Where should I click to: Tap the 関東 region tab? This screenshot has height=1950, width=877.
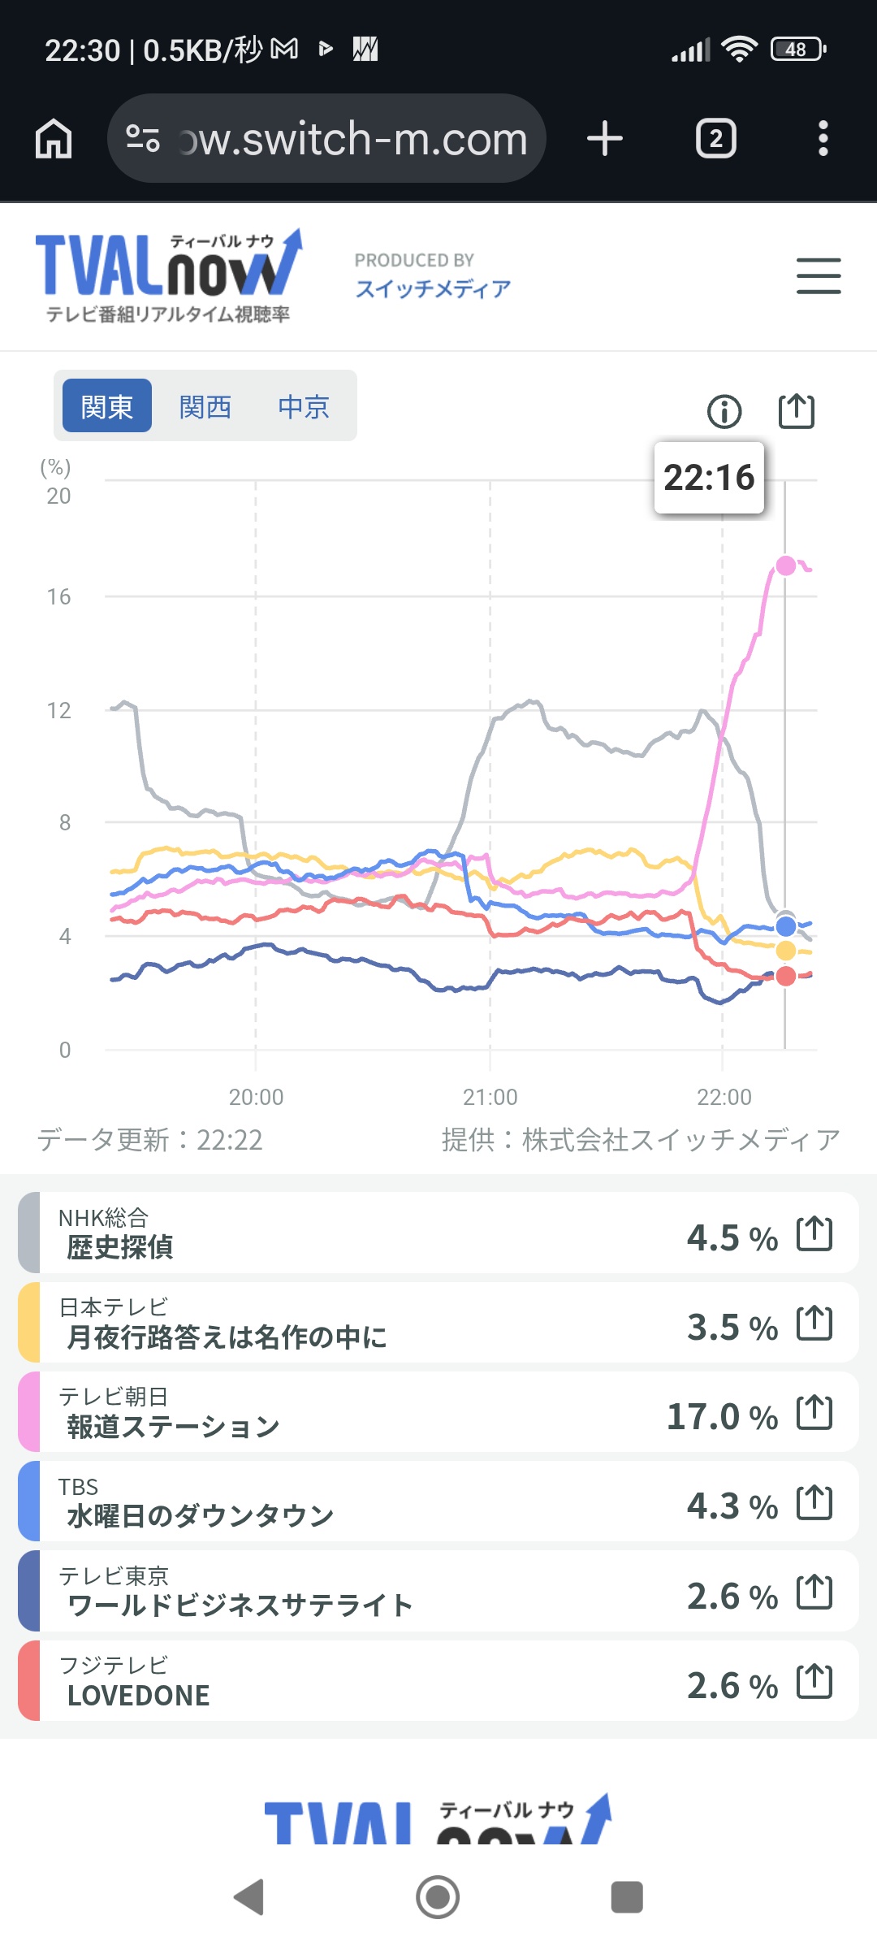tap(107, 406)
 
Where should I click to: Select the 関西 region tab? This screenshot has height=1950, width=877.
tap(205, 406)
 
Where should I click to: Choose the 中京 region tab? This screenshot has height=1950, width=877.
tap(304, 406)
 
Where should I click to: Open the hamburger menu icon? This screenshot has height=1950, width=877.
tap(818, 276)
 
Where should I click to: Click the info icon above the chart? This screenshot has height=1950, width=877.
tap(724, 411)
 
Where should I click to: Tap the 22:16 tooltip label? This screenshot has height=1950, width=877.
tap(709, 478)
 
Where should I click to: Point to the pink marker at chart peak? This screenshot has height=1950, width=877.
tap(785, 565)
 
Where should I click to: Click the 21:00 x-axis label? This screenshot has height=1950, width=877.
tap(490, 1097)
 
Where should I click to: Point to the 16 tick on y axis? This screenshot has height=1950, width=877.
tap(58, 597)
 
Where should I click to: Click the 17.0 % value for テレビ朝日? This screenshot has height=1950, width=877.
tap(722, 1417)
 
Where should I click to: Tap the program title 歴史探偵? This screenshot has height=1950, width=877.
tap(120, 1247)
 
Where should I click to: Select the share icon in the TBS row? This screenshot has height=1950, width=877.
tap(814, 1502)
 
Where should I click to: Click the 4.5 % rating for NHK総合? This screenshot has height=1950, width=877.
tap(732, 1238)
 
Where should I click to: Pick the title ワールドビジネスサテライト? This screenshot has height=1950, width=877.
tap(240, 1605)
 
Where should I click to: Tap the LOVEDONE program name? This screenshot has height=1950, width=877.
tap(139, 1696)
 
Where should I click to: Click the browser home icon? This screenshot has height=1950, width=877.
tap(54, 139)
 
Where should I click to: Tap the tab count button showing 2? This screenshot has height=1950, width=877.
tap(715, 139)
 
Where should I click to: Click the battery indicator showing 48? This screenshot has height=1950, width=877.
tap(797, 50)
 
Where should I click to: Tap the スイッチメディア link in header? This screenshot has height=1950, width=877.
tap(433, 288)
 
